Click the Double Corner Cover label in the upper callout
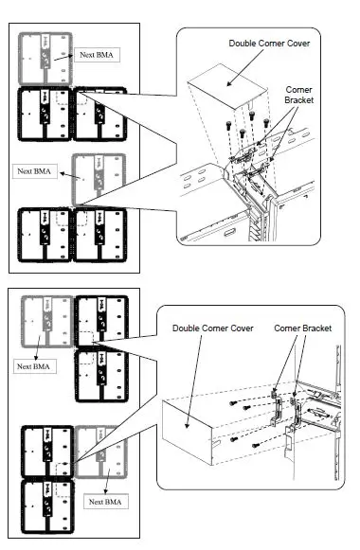(269, 44)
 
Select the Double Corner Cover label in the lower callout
(212, 328)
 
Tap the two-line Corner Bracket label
(299, 95)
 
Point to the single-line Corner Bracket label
(302, 328)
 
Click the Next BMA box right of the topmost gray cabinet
(97, 55)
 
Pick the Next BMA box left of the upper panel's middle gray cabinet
(34, 171)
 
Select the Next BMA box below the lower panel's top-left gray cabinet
(34, 366)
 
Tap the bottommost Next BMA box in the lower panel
(105, 502)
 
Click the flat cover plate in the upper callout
(228, 85)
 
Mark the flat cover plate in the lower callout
(188, 434)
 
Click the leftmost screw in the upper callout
(228, 125)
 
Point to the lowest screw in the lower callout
(256, 446)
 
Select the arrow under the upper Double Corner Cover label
(245, 67)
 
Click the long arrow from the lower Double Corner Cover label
(194, 381)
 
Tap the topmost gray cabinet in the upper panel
(45, 59)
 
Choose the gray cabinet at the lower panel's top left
(47, 322)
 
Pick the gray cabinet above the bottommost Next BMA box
(100, 452)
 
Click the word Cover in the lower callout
(242, 328)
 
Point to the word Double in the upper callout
(240, 44)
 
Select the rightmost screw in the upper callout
(266, 123)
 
